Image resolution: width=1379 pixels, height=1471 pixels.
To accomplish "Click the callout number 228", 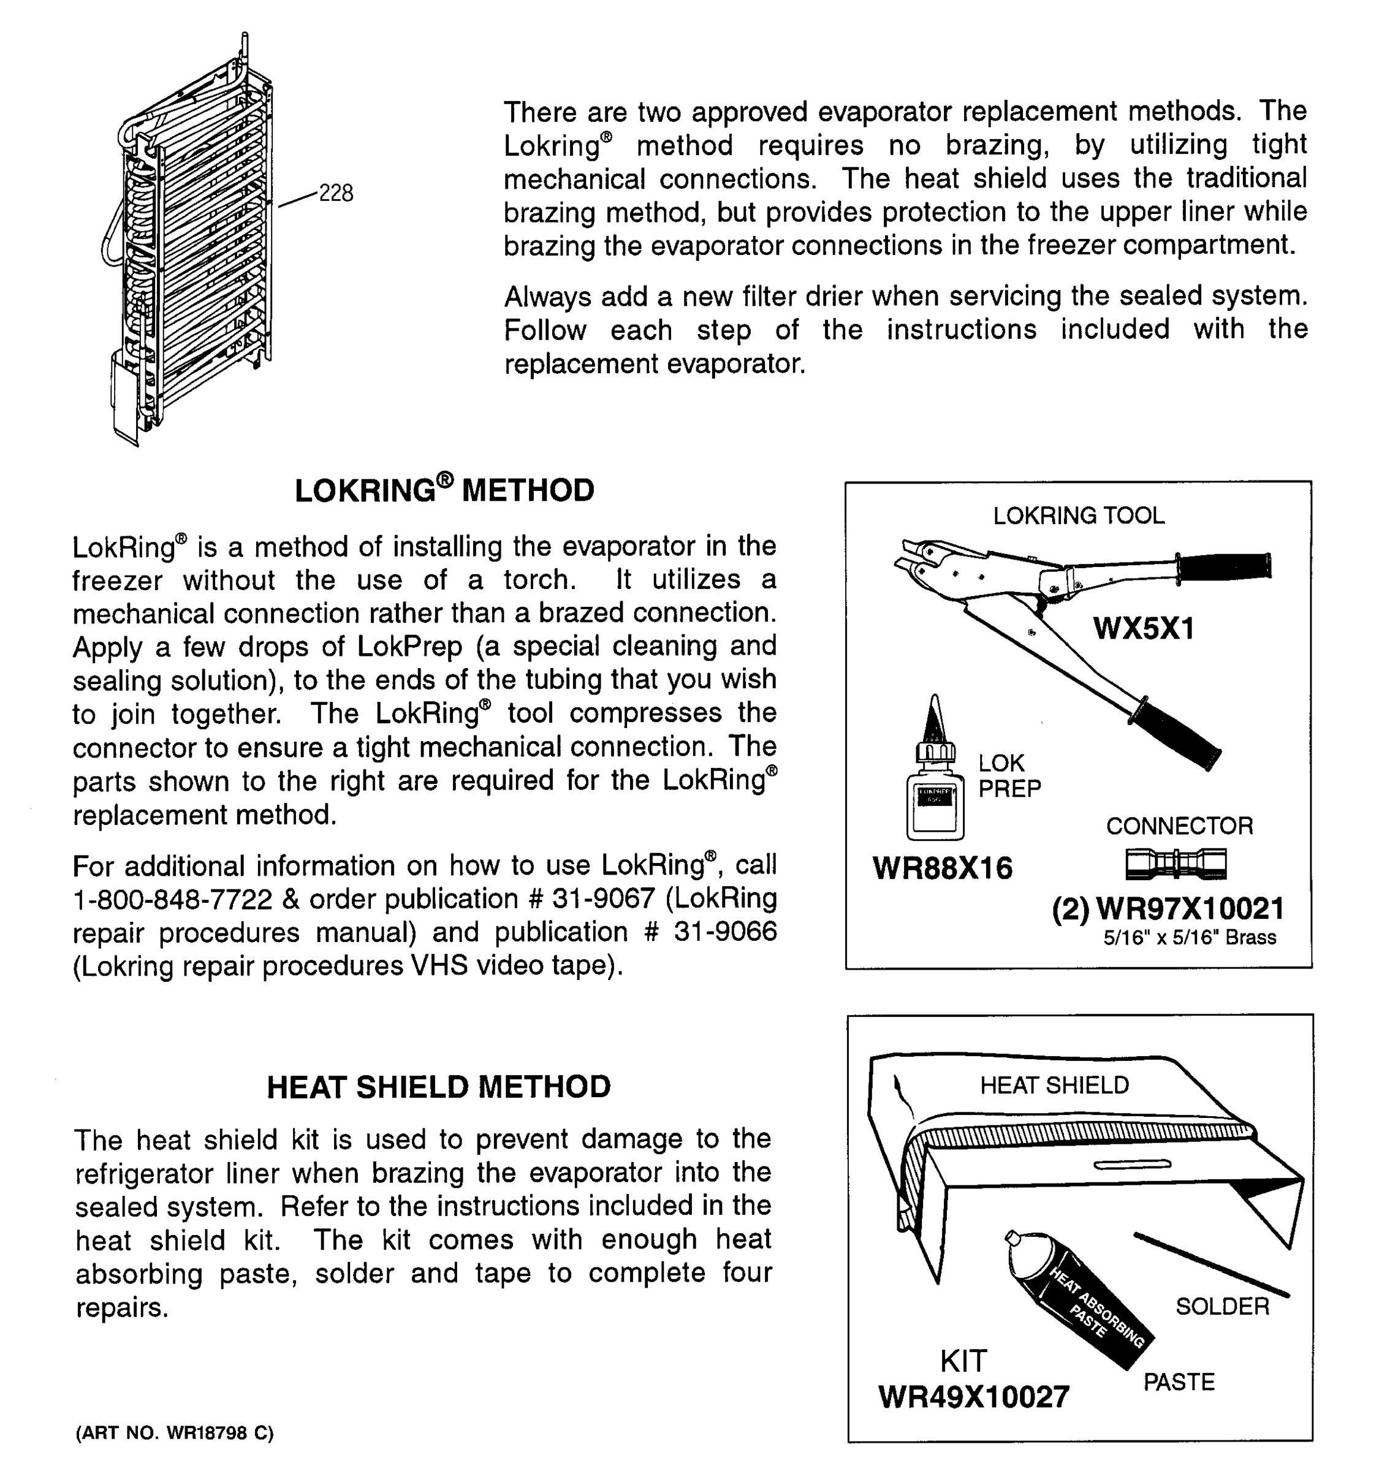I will (x=335, y=193).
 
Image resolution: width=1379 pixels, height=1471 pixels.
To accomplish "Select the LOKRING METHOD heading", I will (x=444, y=490).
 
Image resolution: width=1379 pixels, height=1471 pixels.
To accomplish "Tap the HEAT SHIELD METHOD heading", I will (x=439, y=1087).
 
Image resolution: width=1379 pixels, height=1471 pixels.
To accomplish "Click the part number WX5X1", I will (x=1144, y=628).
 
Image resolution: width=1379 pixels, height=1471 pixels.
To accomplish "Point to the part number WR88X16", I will (x=943, y=868).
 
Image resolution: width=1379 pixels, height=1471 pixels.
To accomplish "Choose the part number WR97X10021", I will (x=1190, y=908).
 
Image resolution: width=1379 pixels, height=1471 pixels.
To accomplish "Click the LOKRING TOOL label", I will (x=1079, y=515).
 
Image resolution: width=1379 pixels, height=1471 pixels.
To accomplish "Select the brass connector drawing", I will (x=1176, y=864).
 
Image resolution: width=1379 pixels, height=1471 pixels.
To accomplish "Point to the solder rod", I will (x=1211, y=1264).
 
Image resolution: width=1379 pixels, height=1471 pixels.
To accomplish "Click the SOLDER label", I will (x=1222, y=1307).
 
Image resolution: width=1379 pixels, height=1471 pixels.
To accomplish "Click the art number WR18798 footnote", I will (x=175, y=1433).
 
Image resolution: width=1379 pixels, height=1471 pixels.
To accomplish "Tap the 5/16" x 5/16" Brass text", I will (x=1190, y=938).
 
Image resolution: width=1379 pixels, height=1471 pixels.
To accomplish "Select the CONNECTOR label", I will (x=1179, y=826).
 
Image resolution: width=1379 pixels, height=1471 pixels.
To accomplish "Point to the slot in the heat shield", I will (x=1132, y=1165).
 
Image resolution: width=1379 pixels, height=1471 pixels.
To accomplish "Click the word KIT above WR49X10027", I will (x=963, y=1361).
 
